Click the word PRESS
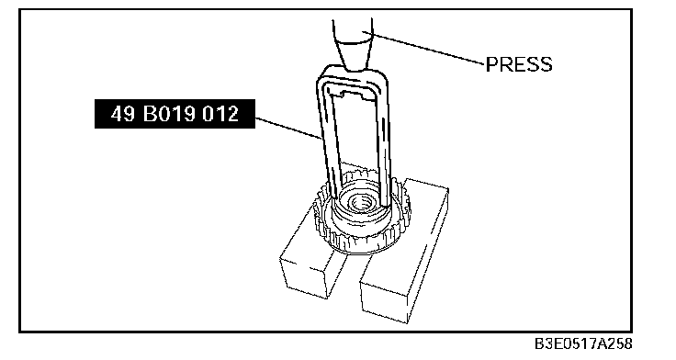coord(519,64)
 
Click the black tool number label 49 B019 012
coord(175,114)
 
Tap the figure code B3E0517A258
coord(583,344)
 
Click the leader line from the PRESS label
coord(423,48)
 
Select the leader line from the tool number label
coord(288,128)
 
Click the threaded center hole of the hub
coord(359,202)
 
